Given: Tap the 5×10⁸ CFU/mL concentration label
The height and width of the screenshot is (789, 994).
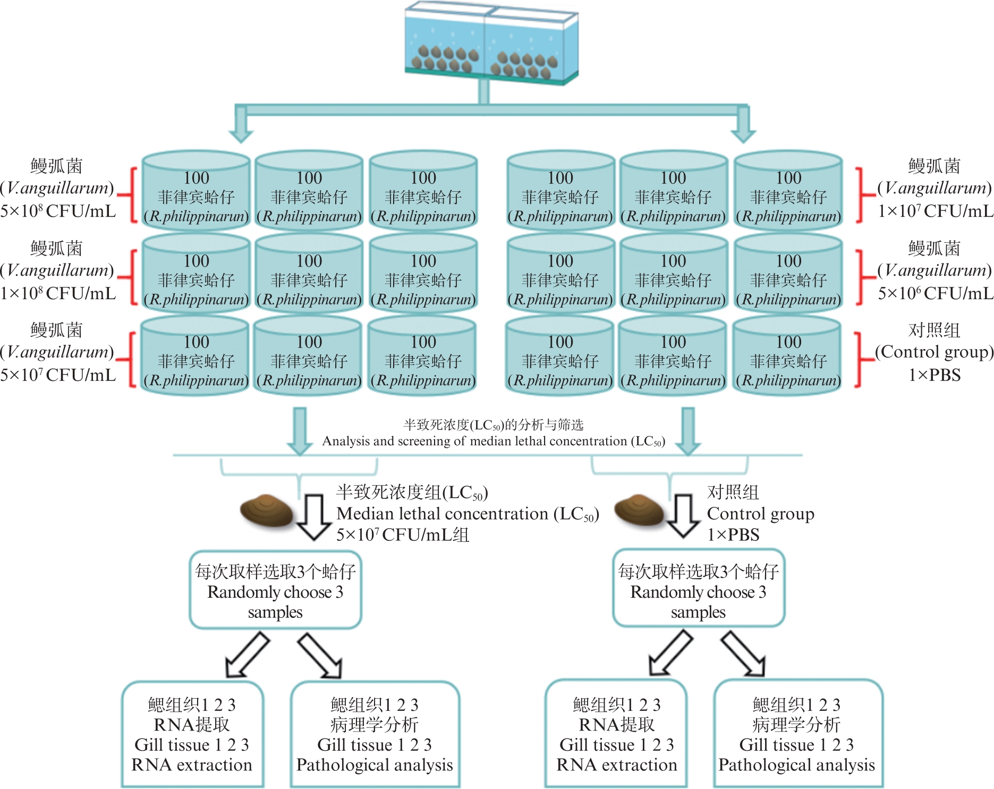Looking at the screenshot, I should pyautogui.click(x=58, y=211).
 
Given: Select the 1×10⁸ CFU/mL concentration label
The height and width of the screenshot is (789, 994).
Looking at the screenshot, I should pyautogui.click(x=58, y=293).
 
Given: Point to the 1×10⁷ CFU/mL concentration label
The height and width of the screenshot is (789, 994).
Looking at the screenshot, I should pyautogui.click(x=935, y=211).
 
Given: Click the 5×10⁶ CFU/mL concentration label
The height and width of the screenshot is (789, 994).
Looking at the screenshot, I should pyautogui.click(x=935, y=293).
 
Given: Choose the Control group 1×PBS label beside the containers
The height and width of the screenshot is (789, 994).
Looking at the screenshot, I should pyautogui.click(x=934, y=352).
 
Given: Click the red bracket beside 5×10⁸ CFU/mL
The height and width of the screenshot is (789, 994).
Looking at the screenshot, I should pyautogui.click(x=130, y=195).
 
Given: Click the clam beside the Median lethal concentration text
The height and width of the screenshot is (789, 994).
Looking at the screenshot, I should pyautogui.click(x=267, y=511).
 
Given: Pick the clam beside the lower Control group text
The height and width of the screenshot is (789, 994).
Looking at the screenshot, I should pyautogui.click(x=640, y=510).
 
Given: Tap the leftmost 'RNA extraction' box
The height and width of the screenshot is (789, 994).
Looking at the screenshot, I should pyautogui.click(x=192, y=734).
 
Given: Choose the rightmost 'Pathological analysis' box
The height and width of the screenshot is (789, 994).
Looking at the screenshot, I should pyautogui.click(x=797, y=734).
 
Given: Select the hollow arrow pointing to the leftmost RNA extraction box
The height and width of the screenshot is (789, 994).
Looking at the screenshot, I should pyautogui.click(x=247, y=655).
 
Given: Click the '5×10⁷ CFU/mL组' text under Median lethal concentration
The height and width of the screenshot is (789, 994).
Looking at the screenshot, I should pyautogui.click(x=403, y=535).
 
